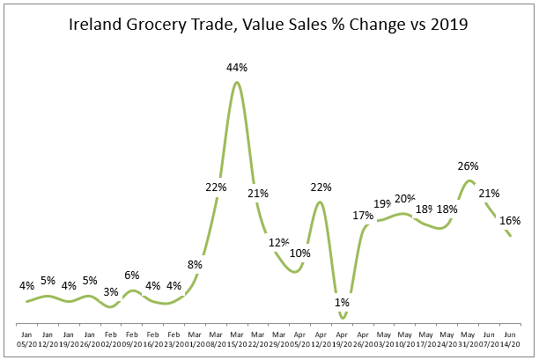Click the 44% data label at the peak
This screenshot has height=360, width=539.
pyautogui.click(x=236, y=67)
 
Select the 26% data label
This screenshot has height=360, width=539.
pyautogui.click(x=468, y=165)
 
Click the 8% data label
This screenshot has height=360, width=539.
pyautogui.click(x=196, y=263)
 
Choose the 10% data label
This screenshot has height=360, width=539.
pyautogui.click(x=300, y=253)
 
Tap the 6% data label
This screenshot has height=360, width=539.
pyautogui.click(x=132, y=274)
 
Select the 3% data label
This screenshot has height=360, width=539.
pyautogui.click(x=111, y=291)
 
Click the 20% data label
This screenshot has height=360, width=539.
pyautogui.click(x=405, y=198)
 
